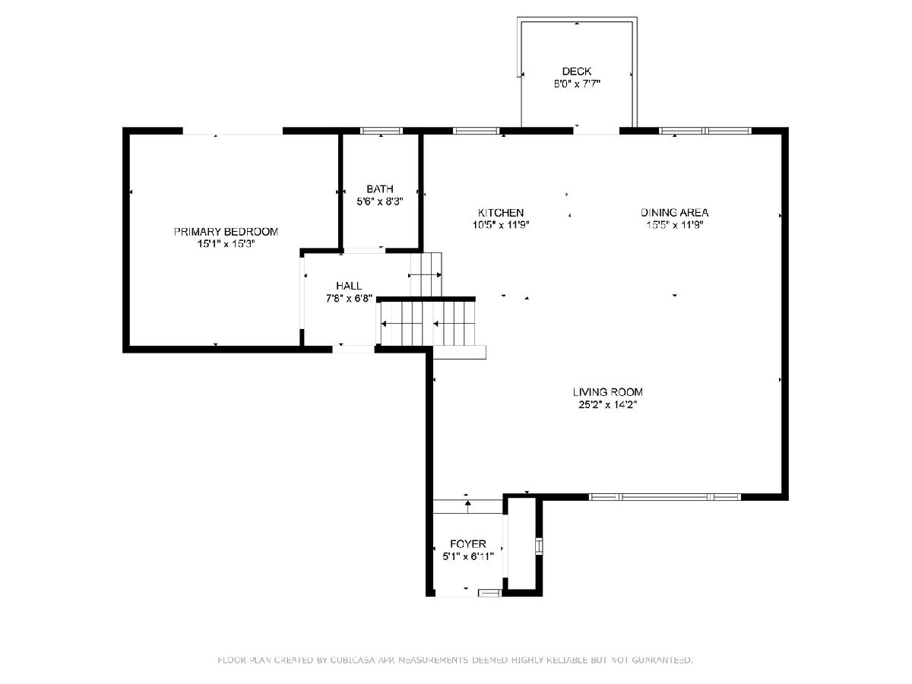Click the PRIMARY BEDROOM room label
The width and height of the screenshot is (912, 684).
[x=226, y=231]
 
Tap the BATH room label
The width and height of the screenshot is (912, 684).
[x=380, y=189]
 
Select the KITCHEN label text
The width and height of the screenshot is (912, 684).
[x=501, y=213]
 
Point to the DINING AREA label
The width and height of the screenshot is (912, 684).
[x=674, y=213]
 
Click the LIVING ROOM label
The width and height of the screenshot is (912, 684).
[x=608, y=391]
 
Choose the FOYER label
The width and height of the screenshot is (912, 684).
[x=468, y=543]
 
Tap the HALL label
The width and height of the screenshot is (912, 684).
[x=349, y=286]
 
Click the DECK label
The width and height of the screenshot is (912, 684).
[x=577, y=71]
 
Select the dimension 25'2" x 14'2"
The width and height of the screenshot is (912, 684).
[x=608, y=404]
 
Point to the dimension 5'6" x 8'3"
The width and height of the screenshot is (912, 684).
[x=380, y=202]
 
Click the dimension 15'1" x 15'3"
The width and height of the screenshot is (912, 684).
[x=226, y=244]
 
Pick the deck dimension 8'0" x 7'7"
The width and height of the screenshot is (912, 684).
[x=577, y=84]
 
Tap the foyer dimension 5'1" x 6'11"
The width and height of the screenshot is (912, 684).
[x=468, y=556]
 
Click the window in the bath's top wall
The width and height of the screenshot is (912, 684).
[x=382, y=131]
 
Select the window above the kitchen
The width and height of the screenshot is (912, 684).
[x=477, y=131]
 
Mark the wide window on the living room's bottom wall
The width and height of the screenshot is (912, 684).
[x=665, y=497]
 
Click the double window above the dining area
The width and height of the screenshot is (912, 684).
[x=705, y=131]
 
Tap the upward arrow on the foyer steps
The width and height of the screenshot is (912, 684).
[x=468, y=506]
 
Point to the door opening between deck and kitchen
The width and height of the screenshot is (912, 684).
[x=597, y=131]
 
